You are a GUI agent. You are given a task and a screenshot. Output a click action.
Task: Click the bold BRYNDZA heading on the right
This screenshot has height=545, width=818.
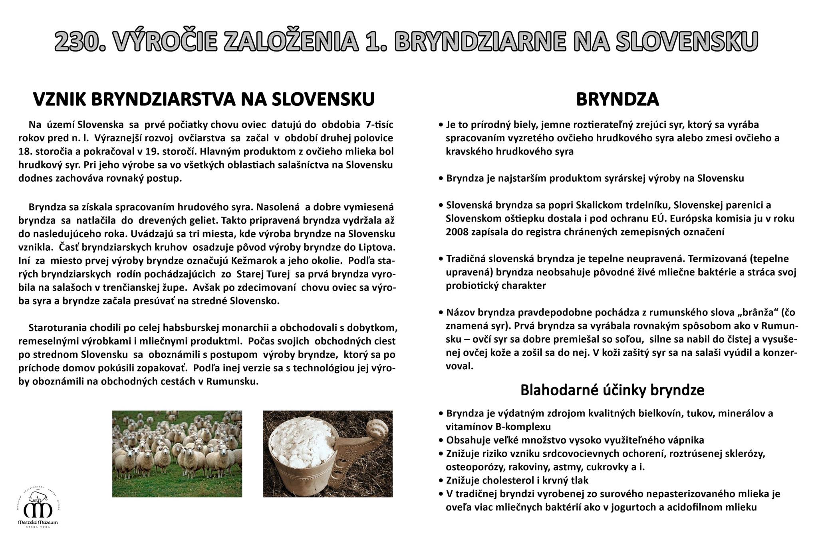pyautogui.click(x=617, y=99)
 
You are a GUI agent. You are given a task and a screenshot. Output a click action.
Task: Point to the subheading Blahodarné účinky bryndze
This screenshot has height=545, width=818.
pyautogui.click(x=612, y=390)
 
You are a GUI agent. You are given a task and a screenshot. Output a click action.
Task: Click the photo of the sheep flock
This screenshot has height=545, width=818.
pyautogui.click(x=177, y=454)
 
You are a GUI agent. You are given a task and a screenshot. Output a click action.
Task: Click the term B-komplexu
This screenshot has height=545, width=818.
pyautogui.click(x=523, y=426)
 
